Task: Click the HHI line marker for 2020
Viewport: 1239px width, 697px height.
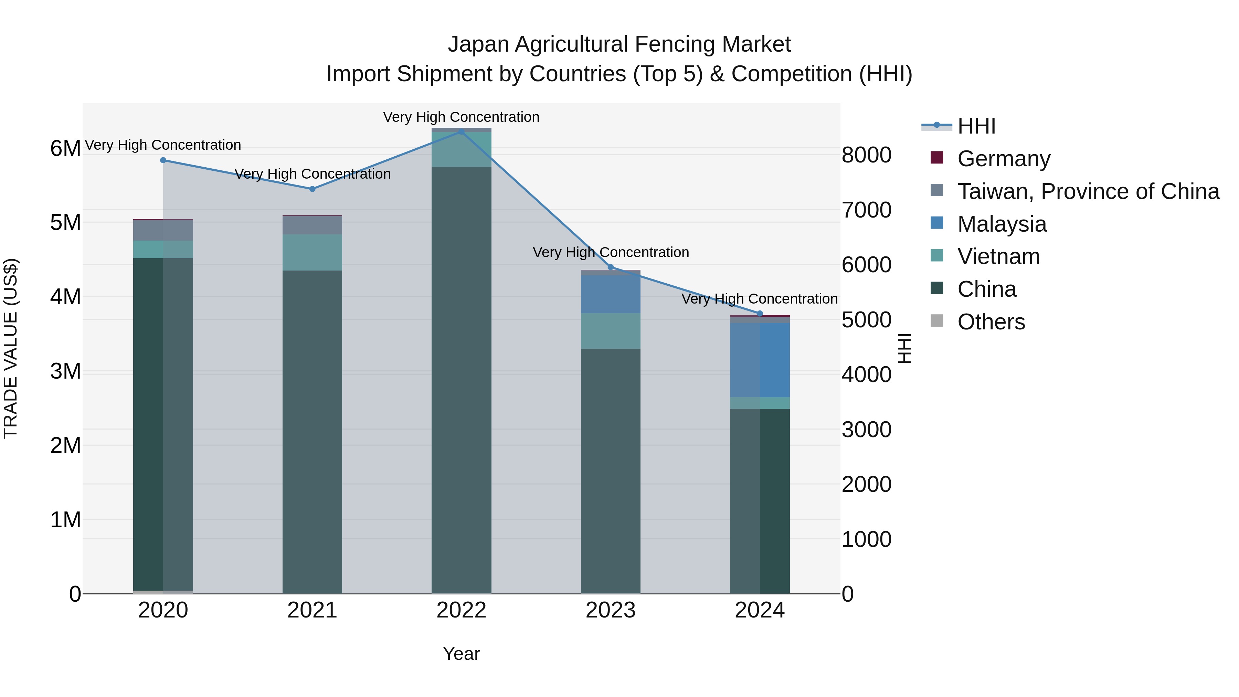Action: (163, 160)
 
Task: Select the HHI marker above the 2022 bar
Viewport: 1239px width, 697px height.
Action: (461, 131)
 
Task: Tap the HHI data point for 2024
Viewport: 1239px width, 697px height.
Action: (760, 314)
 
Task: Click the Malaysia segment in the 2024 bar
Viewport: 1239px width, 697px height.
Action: (760, 360)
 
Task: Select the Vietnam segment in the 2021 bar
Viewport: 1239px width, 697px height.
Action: (312, 253)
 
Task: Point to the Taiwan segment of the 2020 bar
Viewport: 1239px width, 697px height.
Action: (163, 230)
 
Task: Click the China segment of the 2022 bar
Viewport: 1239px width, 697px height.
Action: (461, 380)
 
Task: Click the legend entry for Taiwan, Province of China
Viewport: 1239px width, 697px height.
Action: (1088, 191)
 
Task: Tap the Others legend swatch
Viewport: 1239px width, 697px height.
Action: (937, 320)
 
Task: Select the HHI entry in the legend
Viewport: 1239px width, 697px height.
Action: (976, 126)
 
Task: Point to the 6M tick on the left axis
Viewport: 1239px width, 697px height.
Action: (65, 149)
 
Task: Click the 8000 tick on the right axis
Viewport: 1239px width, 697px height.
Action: (866, 155)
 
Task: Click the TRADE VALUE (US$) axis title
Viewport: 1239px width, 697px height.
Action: (11, 348)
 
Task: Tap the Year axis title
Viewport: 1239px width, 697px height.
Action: (461, 654)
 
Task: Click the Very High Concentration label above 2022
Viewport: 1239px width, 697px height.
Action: (461, 117)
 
